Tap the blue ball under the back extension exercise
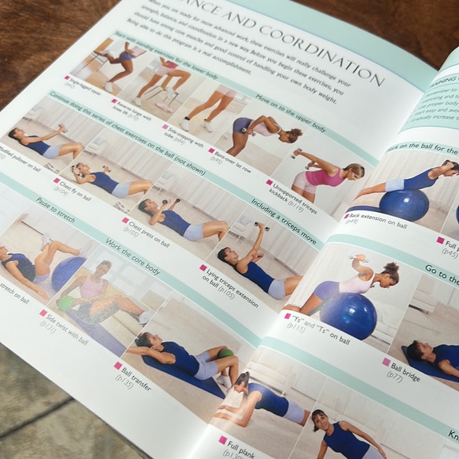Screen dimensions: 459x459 click(403, 204)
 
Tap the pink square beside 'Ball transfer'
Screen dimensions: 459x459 click(118, 366)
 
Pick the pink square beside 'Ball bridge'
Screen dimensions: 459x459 click(387, 362)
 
